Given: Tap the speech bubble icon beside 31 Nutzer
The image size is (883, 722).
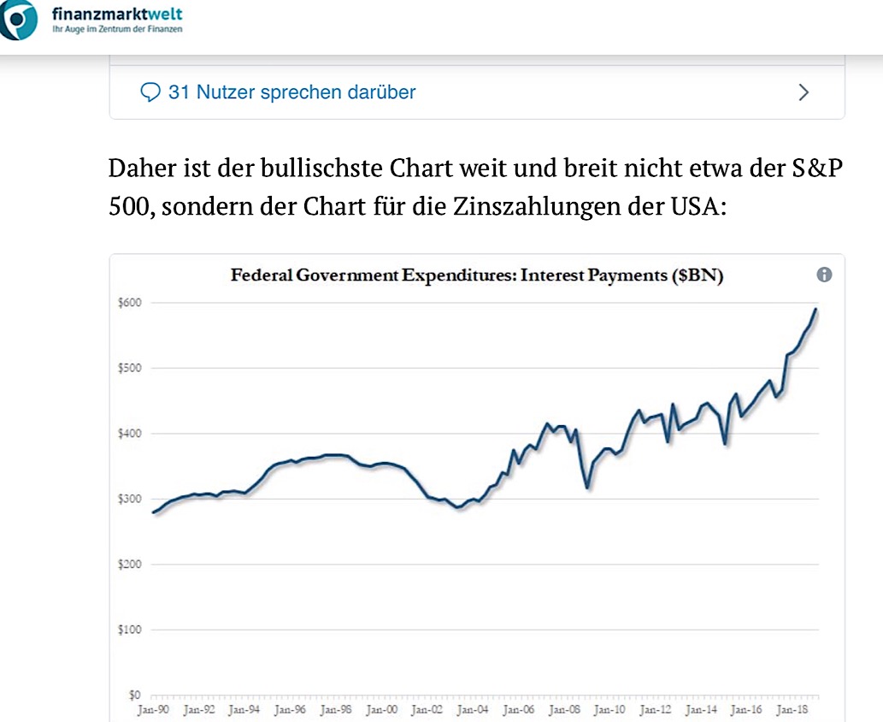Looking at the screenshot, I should pos(150,92).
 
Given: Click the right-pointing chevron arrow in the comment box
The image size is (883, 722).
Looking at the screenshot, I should pos(804,92).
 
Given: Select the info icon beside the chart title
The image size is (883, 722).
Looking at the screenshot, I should pos(824,275).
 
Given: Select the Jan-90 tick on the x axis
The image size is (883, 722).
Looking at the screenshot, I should pos(152,709).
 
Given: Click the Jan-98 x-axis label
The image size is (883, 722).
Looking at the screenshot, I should pos(335,709).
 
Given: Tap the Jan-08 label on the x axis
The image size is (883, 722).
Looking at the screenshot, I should pos(563,709).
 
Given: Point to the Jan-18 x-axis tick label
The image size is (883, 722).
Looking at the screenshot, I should pos(792,709).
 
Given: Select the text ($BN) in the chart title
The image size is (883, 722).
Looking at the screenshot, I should pos(699,275).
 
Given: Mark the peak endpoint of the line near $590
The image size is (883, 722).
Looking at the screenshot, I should pos(816,310).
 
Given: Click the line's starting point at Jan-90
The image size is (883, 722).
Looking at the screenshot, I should pos(153,512).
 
